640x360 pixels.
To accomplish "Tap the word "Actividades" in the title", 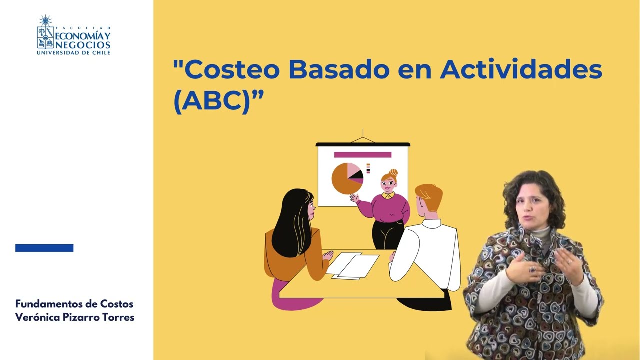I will (521, 70).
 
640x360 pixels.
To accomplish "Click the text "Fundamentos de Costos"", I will (74, 304).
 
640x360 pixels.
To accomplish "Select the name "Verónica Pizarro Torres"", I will (75, 317).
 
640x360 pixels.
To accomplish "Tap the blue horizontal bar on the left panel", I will (44, 248).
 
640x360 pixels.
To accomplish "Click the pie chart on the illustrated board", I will (346, 179).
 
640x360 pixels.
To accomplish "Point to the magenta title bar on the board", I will (362, 155).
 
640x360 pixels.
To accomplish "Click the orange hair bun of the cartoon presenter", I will (393, 172).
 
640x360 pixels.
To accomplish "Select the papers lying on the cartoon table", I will (352, 265).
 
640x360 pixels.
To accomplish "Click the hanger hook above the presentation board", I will (363, 136).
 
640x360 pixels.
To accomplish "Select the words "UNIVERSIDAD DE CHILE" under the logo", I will (73, 52).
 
